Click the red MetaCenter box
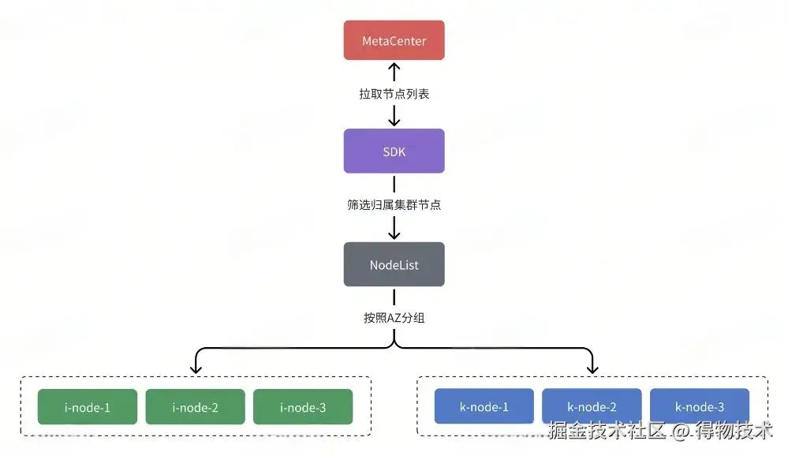point(394,40)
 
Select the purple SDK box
point(394,151)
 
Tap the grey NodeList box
point(394,265)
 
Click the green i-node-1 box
point(87,407)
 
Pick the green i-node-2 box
point(195,407)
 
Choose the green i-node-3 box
point(303,407)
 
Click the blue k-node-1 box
point(484,407)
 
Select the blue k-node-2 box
point(592,407)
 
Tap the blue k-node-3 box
point(700,407)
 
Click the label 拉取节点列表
point(394,94)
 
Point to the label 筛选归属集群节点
point(394,205)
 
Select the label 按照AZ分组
point(394,318)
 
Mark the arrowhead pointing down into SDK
point(394,121)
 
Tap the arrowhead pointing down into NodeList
point(394,234)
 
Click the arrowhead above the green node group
point(195,368)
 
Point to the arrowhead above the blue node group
point(592,368)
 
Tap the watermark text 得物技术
point(734,431)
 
